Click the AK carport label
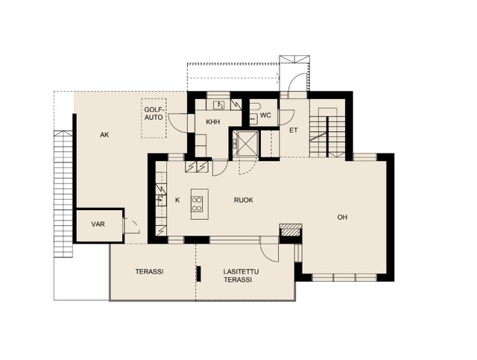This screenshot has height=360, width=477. pyautogui.click(x=104, y=135)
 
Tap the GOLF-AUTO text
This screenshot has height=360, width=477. pyautogui.click(x=154, y=113)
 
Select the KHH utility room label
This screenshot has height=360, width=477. pyautogui.click(x=213, y=122)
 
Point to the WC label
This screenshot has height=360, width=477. pyautogui.click(x=265, y=116)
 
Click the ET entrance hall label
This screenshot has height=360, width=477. pyautogui.click(x=294, y=130)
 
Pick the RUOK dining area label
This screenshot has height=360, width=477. pyautogui.click(x=244, y=200)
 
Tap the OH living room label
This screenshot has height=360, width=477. pyautogui.click(x=342, y=218)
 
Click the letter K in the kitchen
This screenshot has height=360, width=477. pyautogui.click(x=177, y=200)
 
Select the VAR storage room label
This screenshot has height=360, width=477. pyautogui.click(x=98, y=224)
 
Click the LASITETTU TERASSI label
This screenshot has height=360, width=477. pyautogui.click(x=241, y=276)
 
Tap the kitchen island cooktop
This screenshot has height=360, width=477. pyautogui.click(x=197, y=204)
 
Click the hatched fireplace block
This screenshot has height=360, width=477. pyautogui.click(x=291, y=230)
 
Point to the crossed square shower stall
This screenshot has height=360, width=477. pyautogui.click(x=245, y=144)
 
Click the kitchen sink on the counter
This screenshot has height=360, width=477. pyautogui.click(x=161, y=200)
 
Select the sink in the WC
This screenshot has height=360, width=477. pyautogui.click(x=253, y=119)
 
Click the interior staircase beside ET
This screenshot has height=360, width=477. pyautogui.click(x=327, y=133)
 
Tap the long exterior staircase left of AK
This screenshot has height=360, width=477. pyautogui.click(x=63, y=194)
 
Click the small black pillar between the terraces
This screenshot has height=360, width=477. pyautogui.click(x=199, y=274)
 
